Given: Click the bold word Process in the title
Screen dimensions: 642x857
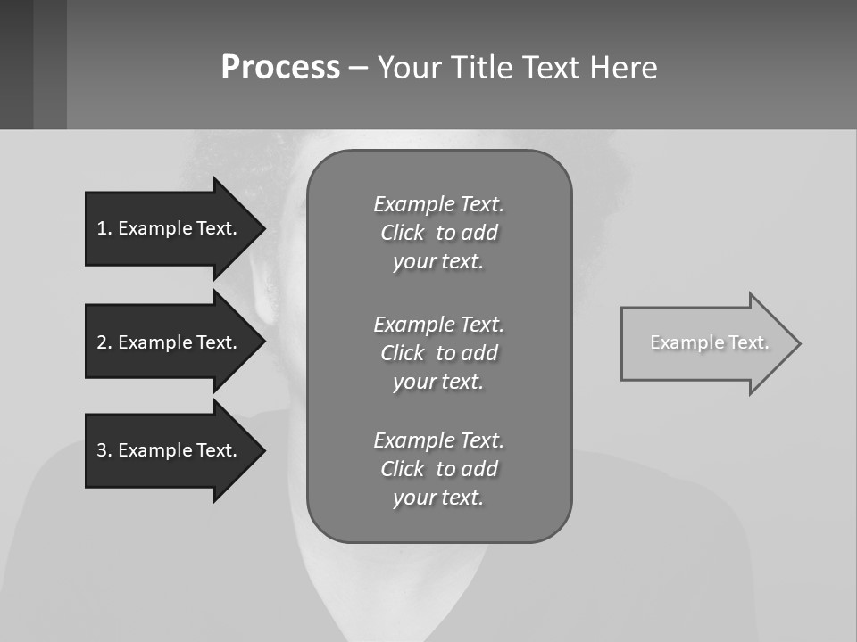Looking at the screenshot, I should (x=280, y=68).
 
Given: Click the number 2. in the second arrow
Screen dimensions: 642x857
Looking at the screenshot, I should (x=104, y=342).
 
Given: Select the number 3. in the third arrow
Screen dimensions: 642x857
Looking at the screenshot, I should (x=104, y=450).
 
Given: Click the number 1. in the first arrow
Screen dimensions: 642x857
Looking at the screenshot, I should (x=104, y=228).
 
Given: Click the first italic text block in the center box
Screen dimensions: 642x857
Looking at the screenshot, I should (x=438, y=233).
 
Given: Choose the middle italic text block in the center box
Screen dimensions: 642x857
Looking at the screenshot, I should (x=438, y=352).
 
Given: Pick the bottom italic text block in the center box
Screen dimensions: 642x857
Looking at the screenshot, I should (x=438, y=469).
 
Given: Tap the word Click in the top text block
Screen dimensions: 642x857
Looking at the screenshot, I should (x=403, y=233).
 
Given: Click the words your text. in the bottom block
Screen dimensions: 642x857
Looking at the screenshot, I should (x=438, y=498).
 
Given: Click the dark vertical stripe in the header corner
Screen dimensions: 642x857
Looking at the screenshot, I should (x=49, y=64).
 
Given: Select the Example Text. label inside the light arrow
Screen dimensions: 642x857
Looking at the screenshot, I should (x=710, y=342).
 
